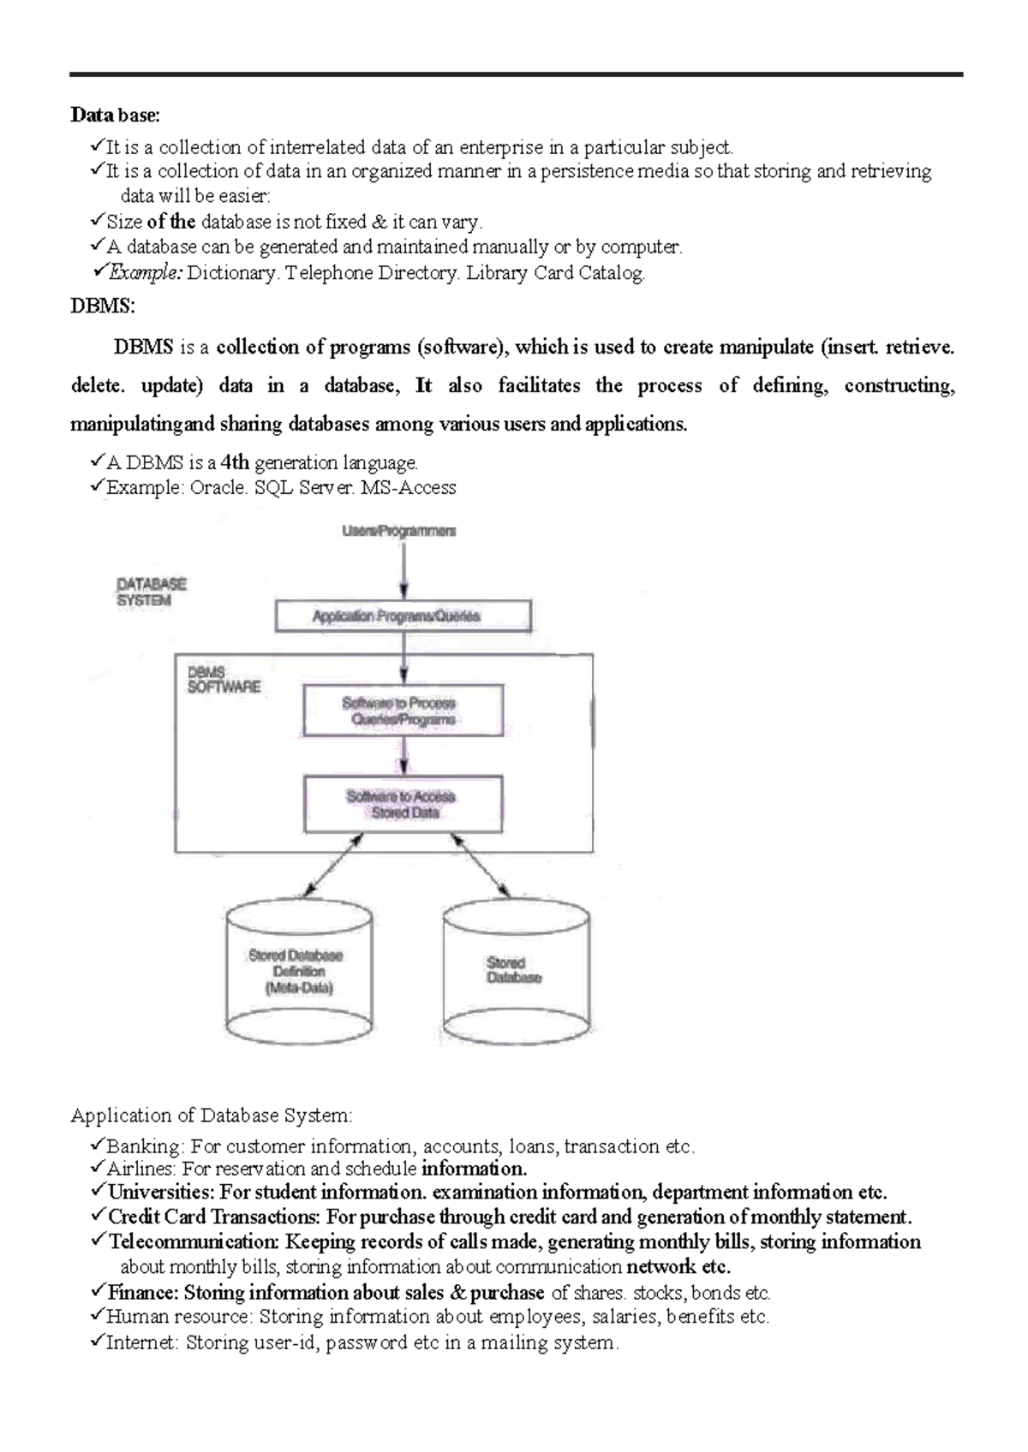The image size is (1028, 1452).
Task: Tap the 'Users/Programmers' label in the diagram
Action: coord(399,531)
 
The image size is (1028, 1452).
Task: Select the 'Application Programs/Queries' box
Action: coord(403,616)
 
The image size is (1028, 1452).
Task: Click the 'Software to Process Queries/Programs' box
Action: coord(403,711)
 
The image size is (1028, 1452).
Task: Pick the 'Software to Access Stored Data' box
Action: coord(403,805)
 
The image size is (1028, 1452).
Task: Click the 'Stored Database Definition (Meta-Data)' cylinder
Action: coord(298,972)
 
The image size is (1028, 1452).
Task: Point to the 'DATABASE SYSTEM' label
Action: coord(152,592)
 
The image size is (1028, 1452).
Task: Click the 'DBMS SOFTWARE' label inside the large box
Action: coord(223,681)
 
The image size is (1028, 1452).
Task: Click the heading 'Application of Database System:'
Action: coord(211,1116)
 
